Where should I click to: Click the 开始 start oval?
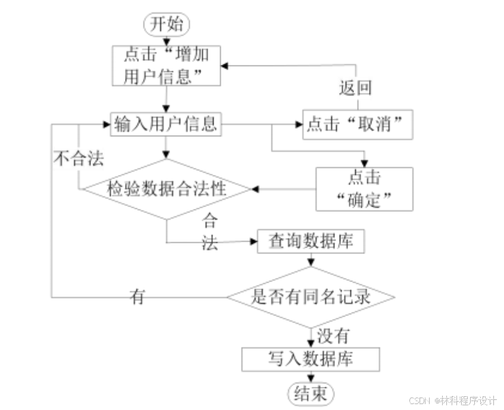167,25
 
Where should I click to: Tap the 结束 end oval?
311,393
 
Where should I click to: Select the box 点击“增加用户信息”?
167,65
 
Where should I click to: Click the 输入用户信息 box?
166,125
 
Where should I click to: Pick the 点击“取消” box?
357,125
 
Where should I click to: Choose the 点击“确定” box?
364,189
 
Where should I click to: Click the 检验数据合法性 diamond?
167,189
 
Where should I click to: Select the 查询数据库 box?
309,242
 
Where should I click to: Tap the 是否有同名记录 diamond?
311,297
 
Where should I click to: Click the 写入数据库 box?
310,359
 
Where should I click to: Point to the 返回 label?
355,88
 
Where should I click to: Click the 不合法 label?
79,159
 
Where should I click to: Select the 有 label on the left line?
137,297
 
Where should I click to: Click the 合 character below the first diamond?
210,222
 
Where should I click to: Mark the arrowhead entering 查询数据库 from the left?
253,242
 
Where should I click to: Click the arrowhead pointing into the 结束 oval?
310,378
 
